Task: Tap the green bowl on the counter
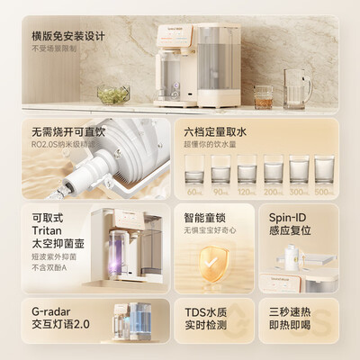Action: [112, 94]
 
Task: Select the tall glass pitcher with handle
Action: [297, 86]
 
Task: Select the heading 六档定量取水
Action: [217, 132]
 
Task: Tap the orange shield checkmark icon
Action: [213, 263]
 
